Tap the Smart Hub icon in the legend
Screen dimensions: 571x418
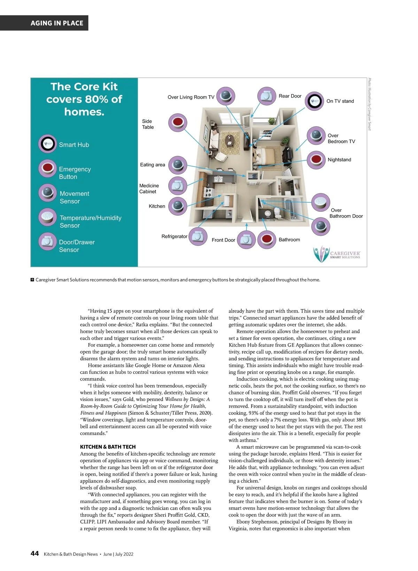click(47, 144)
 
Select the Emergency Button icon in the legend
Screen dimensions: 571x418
click(47, 168)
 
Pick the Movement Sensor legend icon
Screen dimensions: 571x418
click(47, 193)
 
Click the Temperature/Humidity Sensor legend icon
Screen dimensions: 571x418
click(47, 217)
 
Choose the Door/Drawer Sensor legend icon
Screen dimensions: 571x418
click(47, 241)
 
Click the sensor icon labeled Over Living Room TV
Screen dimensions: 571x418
click(226, 96)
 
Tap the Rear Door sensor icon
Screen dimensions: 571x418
click(266, 96)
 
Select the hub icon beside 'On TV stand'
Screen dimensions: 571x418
click(315, 101)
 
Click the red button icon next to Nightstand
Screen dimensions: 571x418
click(316, 160)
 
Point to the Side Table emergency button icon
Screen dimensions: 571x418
click(178, 123)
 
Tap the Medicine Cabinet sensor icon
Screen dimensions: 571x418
click(178, 186)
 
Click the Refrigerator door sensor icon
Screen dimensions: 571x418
click(198, 236)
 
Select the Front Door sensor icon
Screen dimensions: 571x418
click(247, 239)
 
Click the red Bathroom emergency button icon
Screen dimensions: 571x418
click(267, 239)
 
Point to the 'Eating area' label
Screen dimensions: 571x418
click(153, 165)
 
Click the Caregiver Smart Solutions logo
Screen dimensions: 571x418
click(336, 254)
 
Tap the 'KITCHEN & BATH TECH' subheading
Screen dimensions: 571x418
click(108, 447)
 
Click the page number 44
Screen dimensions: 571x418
click(35, 554)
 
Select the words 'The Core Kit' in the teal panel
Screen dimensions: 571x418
click(84, 86)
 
